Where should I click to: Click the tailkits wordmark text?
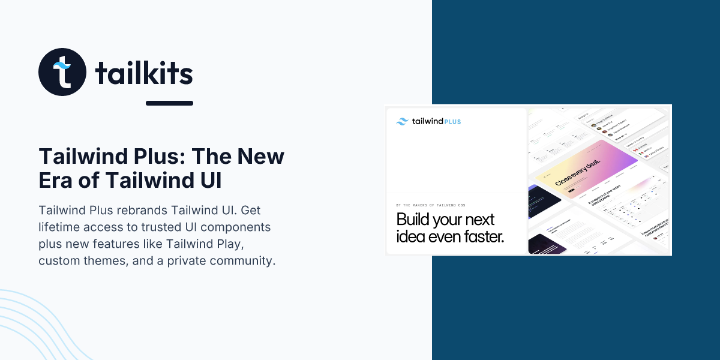click(144, 73)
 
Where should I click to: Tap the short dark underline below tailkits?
click(169, 103)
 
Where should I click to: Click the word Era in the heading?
click(60, 180)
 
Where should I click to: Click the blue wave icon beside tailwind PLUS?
click(403, 121)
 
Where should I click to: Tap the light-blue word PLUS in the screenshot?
click(454, 122)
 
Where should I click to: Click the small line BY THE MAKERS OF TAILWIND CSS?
click(430, 205)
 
